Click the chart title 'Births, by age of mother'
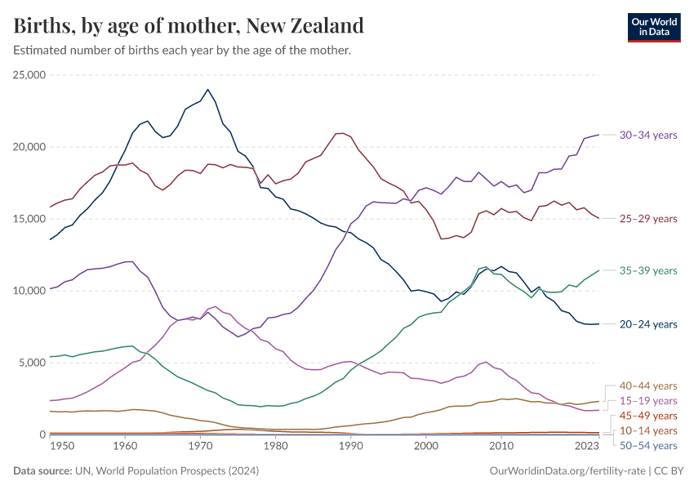pyautogui.click(x=189, y=26)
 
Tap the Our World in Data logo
pyautogui.click(x=653, y=26)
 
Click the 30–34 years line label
pyautogui.click(x=648, y=135)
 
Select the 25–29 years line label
pyautogui.click(x=648, y=219)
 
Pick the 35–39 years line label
pyautogui.click(x=648, y=270)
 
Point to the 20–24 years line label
pyautogui.click(x=648, y=324)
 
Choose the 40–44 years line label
pyautogui.click(x=648, y=385)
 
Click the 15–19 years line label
pyautogui.click(x=648, y=401)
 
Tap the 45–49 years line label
pyautogui.click(x=648, y=416)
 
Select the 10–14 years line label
pyautogui.click(x=648, y=430)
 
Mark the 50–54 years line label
pyautogui.click(x=648, y=445)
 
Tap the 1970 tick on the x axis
pyautogui.click(x=200, y=447)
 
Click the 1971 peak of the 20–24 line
pyautogui.click(x=207, y=90)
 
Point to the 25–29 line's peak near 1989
pyautogui.click(x=340, y=133)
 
